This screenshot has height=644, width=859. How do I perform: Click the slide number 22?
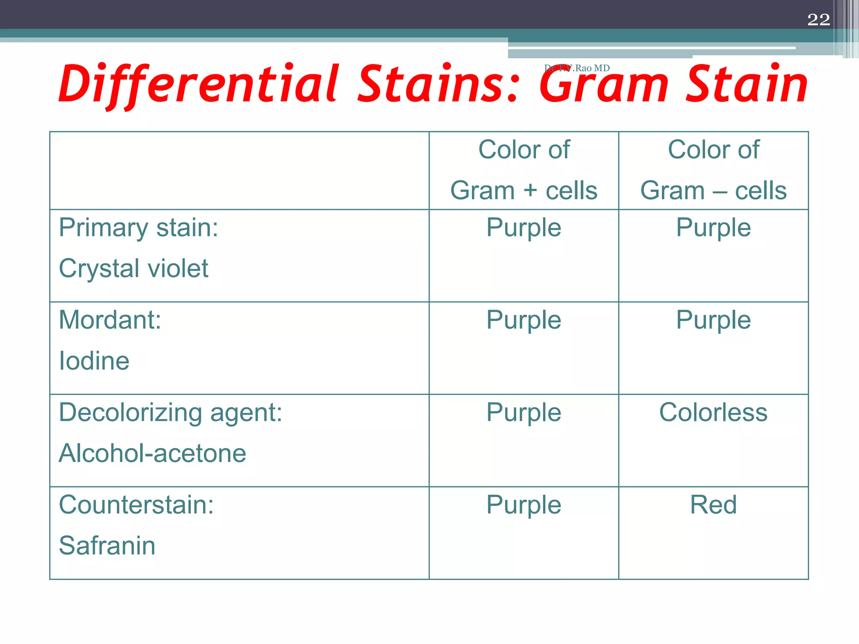tap(818, 20)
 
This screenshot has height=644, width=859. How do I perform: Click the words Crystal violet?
tap(133, 268)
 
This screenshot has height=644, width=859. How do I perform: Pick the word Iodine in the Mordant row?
tap(94, 361)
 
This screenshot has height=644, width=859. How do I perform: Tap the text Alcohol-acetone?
tap(152, 453)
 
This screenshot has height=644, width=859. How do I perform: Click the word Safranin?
tap(107, 545)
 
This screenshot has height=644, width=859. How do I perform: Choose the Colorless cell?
tap(713, 412)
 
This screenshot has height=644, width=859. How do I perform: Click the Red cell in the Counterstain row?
tap(713, 504)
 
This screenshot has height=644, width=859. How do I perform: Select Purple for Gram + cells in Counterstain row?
tap(523, 504)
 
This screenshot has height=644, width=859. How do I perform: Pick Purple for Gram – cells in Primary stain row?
tap(713, 228)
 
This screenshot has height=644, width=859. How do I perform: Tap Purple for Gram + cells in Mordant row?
tap(523, 320)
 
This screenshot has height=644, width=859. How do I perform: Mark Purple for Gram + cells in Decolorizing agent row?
tap(523, 412)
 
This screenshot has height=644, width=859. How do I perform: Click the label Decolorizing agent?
tap(170, 413)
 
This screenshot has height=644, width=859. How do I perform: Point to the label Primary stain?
tap(138, 228)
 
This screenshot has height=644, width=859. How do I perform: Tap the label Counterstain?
tap(136, 504)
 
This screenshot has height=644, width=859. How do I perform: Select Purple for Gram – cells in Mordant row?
tap(713, 320)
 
